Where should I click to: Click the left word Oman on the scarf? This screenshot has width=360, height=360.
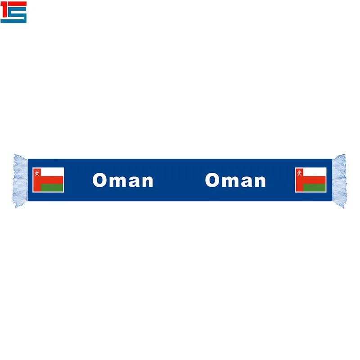(x=123, y=180)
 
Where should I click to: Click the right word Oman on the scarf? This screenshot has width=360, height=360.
(x=235, y=180)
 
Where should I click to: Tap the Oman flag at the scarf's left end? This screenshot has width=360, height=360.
(x=48, y=180)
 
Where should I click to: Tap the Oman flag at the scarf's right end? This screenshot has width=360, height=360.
(x=310, y=180)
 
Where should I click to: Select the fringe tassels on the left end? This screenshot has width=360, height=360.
(x=20, y=181)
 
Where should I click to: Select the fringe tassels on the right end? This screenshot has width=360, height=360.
(x=339, y=181)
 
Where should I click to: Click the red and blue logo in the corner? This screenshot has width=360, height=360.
(x=13, y=12)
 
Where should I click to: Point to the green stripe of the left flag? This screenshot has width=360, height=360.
(x=52, y=188)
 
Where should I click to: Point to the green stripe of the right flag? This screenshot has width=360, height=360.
(x=314, y=188)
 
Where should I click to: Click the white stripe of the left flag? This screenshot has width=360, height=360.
(x=52, y=172)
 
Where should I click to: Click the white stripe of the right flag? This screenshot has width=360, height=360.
(x=314, y=172)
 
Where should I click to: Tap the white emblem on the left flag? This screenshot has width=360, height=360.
(x=37, y=173)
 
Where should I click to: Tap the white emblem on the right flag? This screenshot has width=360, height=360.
(x=299, y=173)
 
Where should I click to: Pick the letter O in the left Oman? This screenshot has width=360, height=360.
(x=99, y=180)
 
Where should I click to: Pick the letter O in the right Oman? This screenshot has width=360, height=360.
(x=212, y=180)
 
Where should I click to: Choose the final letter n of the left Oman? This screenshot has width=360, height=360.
(x=148, y=182)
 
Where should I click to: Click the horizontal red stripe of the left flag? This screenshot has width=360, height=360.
(x=52, y=180)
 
